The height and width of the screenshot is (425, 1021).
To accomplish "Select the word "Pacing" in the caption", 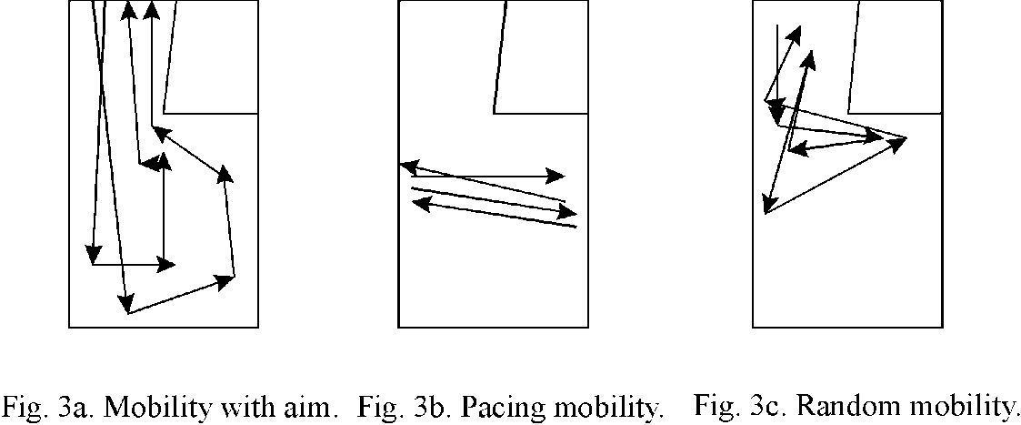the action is point(499,409).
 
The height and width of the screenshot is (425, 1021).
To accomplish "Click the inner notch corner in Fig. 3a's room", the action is point(164,114).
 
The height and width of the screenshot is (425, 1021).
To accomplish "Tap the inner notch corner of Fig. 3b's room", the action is point(494,114).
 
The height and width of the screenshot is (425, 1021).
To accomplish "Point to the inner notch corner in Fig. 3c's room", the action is point(848,114).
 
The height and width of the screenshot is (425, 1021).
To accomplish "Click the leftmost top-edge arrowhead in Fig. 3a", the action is point(128,9).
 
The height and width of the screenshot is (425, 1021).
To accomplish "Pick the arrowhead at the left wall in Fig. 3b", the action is point(409,167).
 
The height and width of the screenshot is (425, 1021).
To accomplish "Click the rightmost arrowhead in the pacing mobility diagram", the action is point(568,211).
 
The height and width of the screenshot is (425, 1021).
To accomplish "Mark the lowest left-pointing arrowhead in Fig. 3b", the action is point(422,203).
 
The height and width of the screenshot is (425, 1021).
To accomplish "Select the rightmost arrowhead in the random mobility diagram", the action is point(896,144).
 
